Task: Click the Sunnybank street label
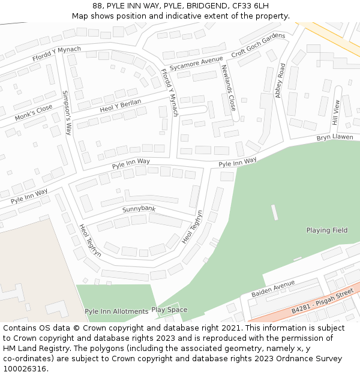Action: pos(139,209)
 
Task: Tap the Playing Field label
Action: pos(326,230)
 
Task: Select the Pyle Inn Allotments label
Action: pos(116,311)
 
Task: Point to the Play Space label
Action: pos(169,310)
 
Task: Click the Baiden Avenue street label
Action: pos(273,288)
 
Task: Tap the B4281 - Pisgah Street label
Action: pos(322,302)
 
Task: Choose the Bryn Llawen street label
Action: pos(335,138)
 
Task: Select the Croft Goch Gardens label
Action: pos(258,45)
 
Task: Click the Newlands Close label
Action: pos(229,88)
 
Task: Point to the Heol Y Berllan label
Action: pos(121,106)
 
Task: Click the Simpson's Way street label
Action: pos(67,113)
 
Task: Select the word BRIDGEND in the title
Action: pos(208,6)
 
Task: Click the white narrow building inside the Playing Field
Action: pos(274,212)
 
